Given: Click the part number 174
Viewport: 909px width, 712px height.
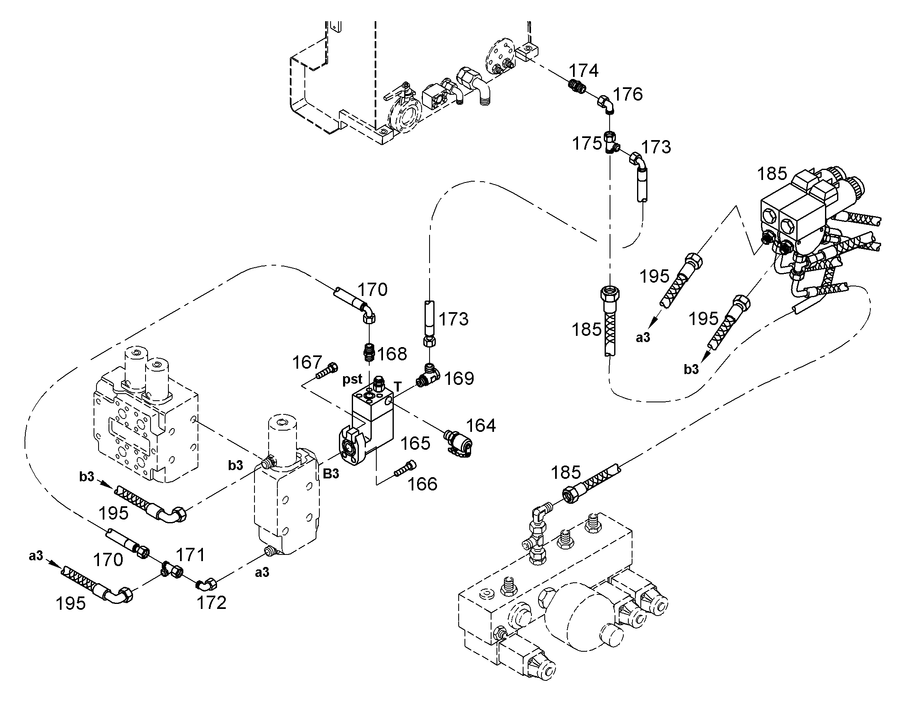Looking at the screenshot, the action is [x=584, y=71].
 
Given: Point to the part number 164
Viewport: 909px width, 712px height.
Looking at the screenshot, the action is [x=481, y=426].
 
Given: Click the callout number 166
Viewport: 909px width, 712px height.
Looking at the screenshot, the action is [x=422, y=484].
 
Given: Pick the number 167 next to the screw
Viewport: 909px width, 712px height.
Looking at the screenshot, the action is [x=307, y=362].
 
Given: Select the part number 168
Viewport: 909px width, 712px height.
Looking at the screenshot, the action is [x=392, y=354].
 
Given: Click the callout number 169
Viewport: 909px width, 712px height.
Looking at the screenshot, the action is [x=459, y=379].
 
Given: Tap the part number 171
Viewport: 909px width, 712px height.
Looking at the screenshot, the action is [x=190, y=555].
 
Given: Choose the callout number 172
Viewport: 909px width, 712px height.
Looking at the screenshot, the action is [x=211, y=603].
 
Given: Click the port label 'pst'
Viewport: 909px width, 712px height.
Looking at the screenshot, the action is [x=352, y=380].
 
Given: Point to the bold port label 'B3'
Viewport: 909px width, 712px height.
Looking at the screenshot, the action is [x=331, y=474].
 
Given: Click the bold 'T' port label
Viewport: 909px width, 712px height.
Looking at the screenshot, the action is [x=398, y=387].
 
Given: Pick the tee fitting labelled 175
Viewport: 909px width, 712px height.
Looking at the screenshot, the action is [x=611, y=143].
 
